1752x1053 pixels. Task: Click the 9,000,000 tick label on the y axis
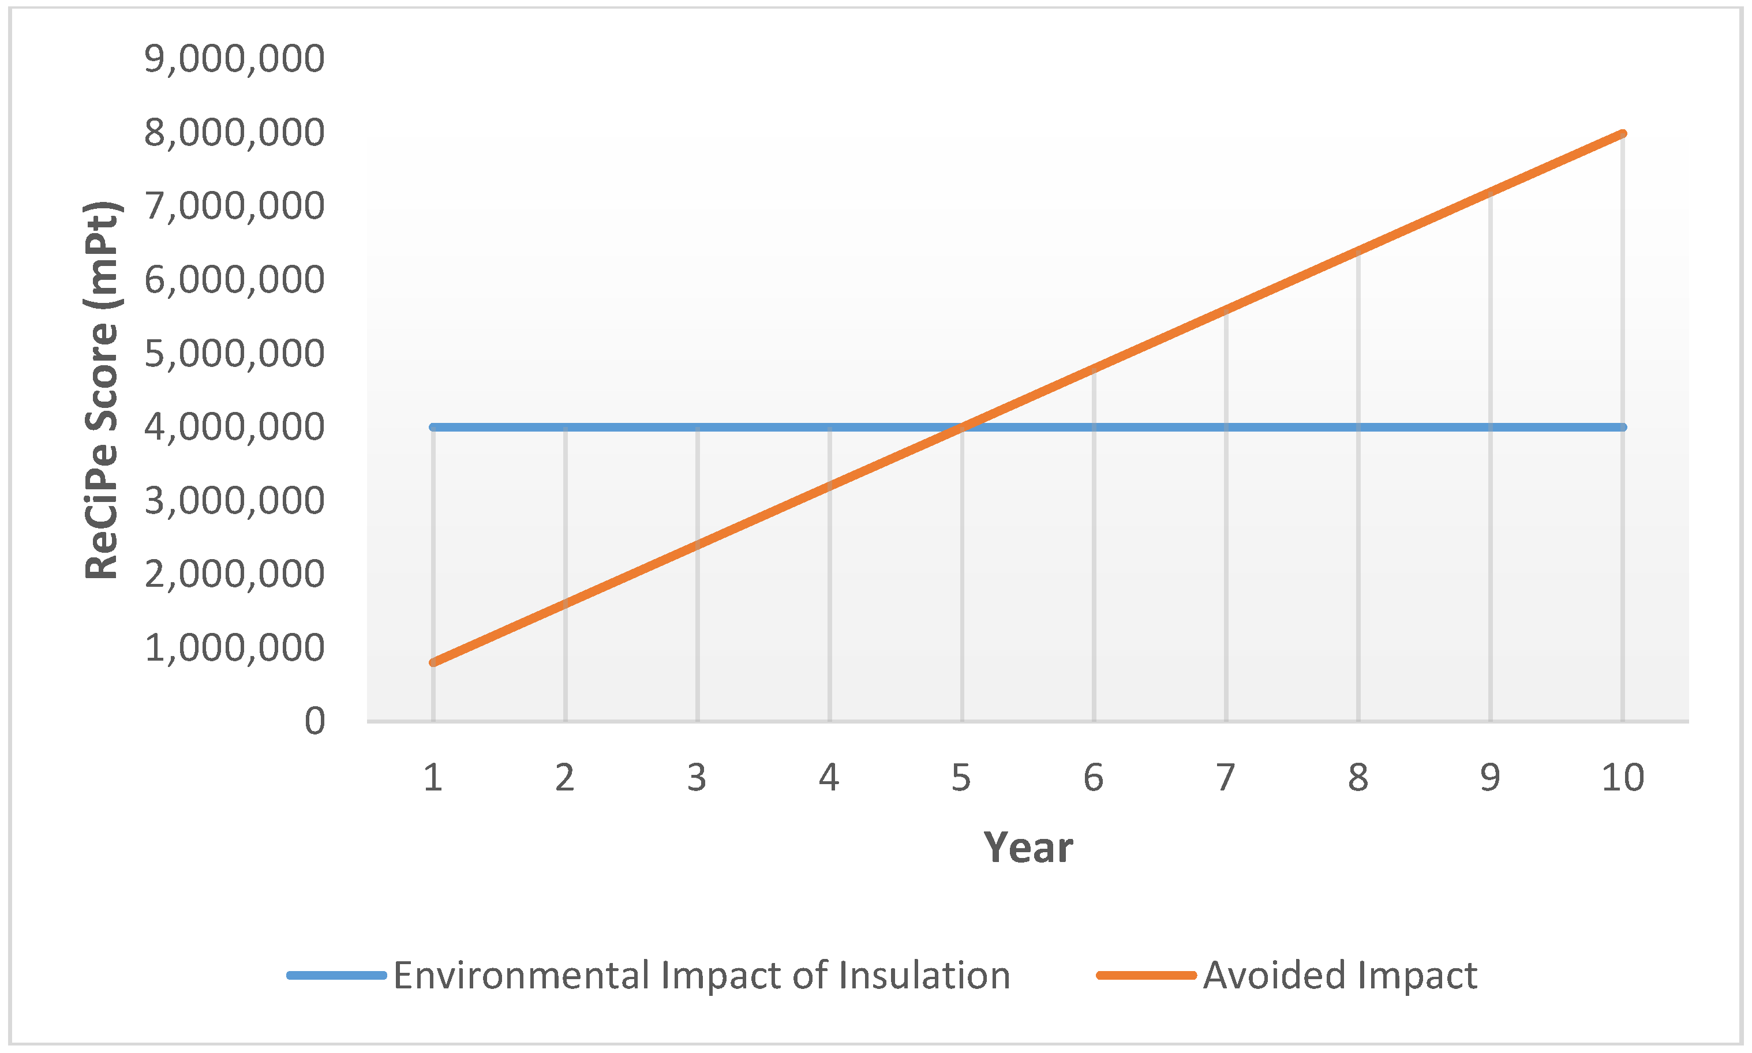(234, 58)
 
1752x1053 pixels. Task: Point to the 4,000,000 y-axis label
(234, 426)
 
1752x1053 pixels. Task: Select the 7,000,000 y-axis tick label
(234, 206)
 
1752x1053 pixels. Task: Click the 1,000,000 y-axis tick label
(234, 647)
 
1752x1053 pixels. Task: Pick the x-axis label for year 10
(1622, 778)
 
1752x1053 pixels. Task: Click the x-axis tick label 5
(961, 778)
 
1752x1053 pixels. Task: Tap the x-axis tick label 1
(433, 778)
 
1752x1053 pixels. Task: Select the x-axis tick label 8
(1357, 778)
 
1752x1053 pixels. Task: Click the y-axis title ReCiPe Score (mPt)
(102, 390)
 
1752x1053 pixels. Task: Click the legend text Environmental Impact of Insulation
(701, 975)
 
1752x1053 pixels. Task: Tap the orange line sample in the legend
(1146, 975)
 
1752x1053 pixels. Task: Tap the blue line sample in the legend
(336, 975)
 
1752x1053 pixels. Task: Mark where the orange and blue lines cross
(962, 426)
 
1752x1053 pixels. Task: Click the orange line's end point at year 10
(1622, 133)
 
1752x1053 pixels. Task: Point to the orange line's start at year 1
(433, 662)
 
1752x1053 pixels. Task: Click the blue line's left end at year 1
(433, 427)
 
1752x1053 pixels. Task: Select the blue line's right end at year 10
(1622, 427)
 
